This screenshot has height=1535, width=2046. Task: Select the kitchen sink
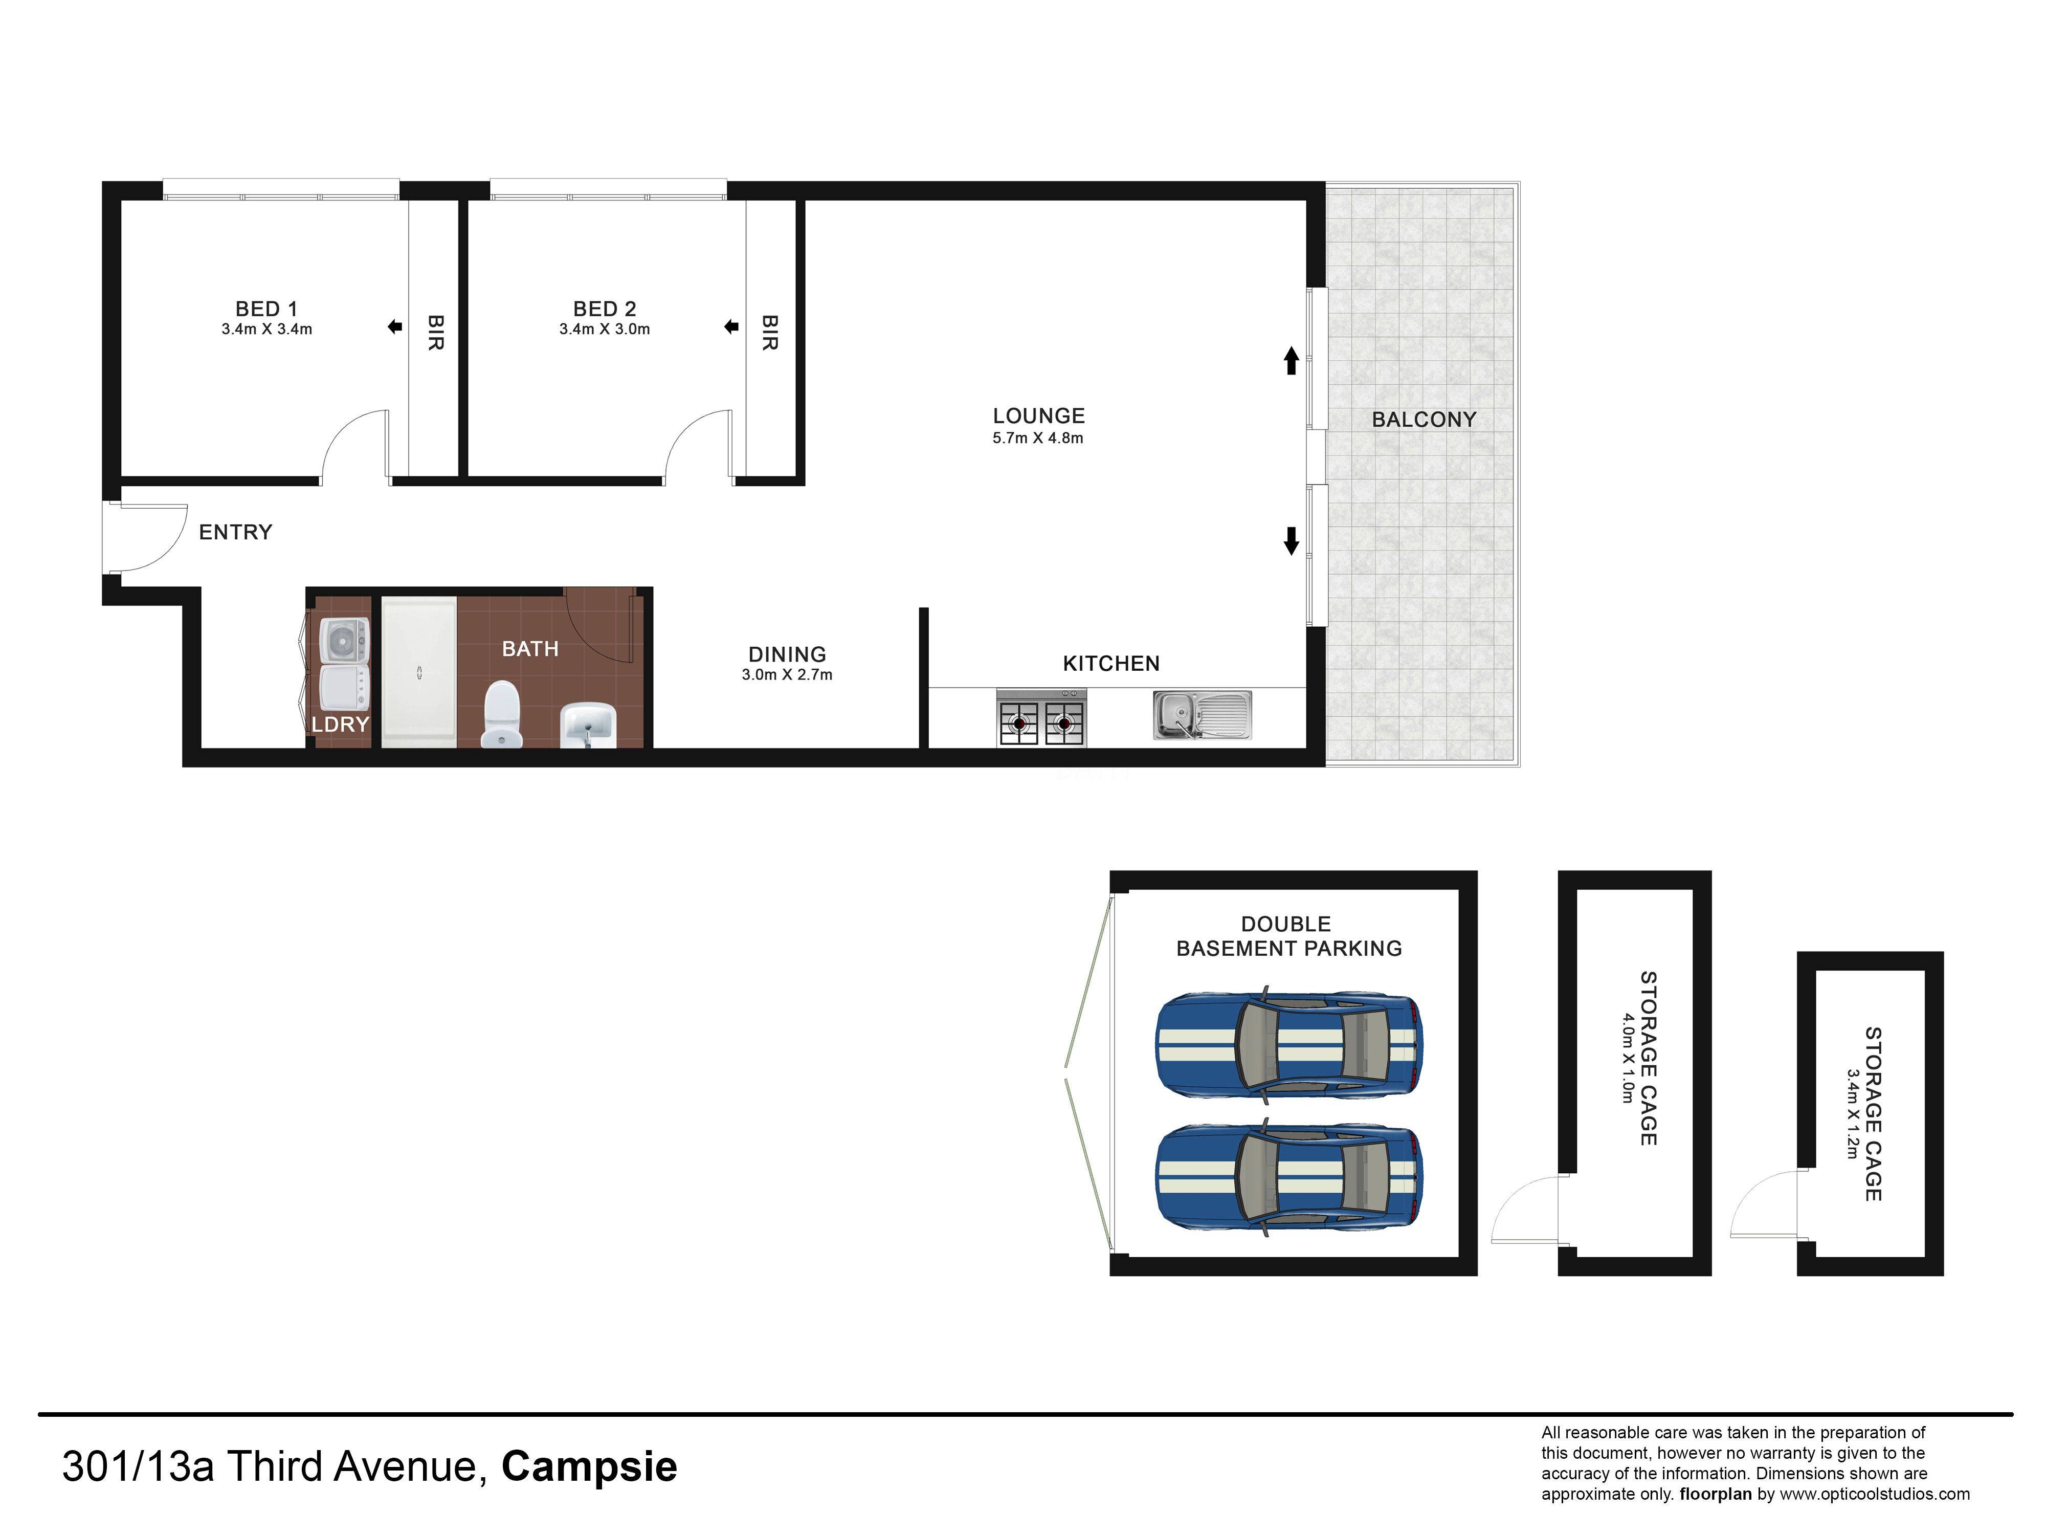tap(1202, 715)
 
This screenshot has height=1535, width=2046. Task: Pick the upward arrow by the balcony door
tap(1291, 361)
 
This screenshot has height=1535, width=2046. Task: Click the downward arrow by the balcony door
tap(1291, 540)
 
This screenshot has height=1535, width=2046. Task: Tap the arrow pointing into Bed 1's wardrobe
tap(395, 326)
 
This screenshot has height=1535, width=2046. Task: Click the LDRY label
tap(340, 725)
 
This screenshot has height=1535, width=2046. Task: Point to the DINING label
tap(787, 654)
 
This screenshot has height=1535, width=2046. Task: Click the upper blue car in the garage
tap(1291, 1045)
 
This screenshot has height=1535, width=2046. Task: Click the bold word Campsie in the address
tap(589, 1466)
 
